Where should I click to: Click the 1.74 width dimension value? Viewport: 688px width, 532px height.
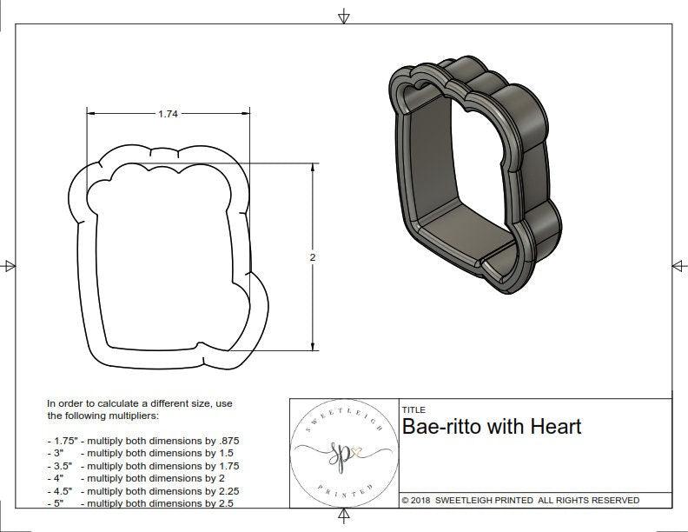[169, 114]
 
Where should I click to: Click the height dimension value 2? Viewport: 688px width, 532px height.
[312, 257]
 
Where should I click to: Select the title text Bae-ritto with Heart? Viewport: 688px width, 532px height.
[492, 427]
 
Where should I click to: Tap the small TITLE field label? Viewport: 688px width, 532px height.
[413, 409]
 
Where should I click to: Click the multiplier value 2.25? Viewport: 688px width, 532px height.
[224, 490]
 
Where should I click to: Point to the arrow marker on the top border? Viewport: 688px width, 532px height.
[344, 17]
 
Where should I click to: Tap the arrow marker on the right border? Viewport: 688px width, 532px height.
[678, 265]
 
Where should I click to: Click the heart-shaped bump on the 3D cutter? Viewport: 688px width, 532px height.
[414, 88]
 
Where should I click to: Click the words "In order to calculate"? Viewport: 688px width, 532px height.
[96, 404]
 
